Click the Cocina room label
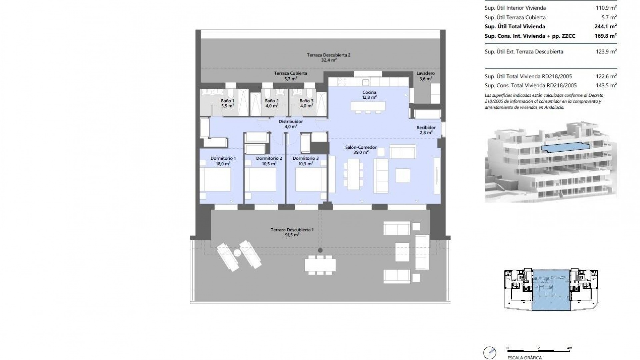coord(369,92)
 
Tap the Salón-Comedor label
coord(361,147)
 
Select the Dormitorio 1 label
coord(223,158)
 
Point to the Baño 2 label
coord(272,101)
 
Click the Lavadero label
coord(426,73)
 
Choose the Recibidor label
coord(426,128)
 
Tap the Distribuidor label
coord(291,122)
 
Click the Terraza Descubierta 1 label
coord(292,230)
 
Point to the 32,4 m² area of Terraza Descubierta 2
coord(329,60)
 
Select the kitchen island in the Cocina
coord(368,106)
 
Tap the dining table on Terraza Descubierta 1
coord(320,265)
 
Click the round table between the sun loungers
coord(237,253)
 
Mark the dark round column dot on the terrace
coord(320,250)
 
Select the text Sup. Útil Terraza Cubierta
coord(515,17)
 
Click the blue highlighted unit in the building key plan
coord(551,290)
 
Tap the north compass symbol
coord(490,352)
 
